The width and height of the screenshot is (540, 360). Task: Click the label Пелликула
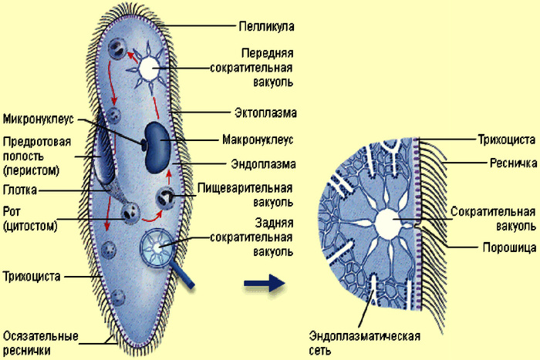pos(267,26)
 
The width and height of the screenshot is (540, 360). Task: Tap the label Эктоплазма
pos(265,113)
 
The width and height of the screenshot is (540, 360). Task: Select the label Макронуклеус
pos(258,140)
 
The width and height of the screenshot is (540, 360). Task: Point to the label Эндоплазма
pos(264,164)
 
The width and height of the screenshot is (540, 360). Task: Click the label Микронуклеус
pos(39,119)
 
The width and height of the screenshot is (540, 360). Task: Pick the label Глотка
pos(19,190)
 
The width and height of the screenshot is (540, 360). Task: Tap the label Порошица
pos(509,247)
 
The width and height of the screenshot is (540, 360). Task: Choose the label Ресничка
pos(513,163)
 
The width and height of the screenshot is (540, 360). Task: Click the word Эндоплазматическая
pos(364,336)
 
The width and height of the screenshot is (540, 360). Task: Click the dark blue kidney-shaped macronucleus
pos(157,147)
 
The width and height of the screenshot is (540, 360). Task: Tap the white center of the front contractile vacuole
pos(149,67)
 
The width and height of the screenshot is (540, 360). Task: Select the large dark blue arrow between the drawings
pos(265,283)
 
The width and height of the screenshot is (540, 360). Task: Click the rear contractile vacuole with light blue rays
pos(157,247)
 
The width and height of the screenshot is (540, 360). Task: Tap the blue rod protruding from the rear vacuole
pos(182,274)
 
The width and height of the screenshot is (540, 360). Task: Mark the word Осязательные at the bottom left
pos(41,336)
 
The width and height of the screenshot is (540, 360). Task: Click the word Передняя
pos(267,53)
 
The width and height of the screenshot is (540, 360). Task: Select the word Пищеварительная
pos(245,188)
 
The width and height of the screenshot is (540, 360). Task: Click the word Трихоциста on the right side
pos(506,140)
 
